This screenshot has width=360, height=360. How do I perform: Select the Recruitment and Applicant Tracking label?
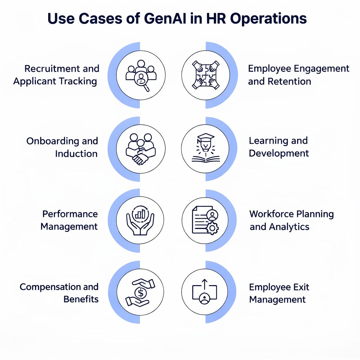[x=56, y=75]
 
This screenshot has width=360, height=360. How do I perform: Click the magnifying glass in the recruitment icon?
[x=143, y=81]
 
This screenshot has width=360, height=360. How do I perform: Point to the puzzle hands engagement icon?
[x=206, y=75]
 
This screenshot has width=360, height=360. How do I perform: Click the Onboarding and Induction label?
[x=62, y=147]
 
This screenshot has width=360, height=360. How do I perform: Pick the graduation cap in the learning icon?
[x=206, y=137]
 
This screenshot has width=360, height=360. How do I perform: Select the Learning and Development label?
[x=278, y=147]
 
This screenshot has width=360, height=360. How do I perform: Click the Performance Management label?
[x=69, y=220]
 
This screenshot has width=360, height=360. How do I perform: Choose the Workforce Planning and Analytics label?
[x=291, y=220]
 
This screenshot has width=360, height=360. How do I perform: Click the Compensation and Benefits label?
[x=59, y=293]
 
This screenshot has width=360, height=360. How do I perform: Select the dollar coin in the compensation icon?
[x=140, y=292]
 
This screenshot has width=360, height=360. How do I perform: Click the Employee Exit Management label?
[x=279, y=293]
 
